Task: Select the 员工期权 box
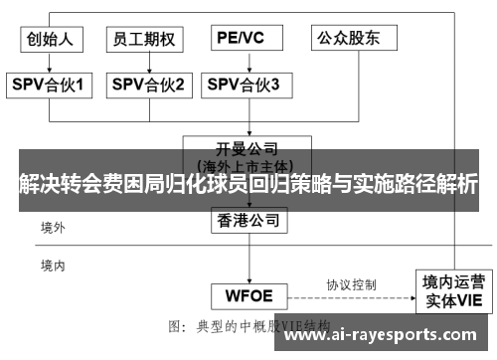click(x=145, y=40)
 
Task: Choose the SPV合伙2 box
click(x=147, y=86)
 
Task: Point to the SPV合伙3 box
click(x=244, y=86)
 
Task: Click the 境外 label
click(x=53, y=229)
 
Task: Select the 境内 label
click(x=53, y=266)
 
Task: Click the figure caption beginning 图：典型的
click(x=248, y=326)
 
